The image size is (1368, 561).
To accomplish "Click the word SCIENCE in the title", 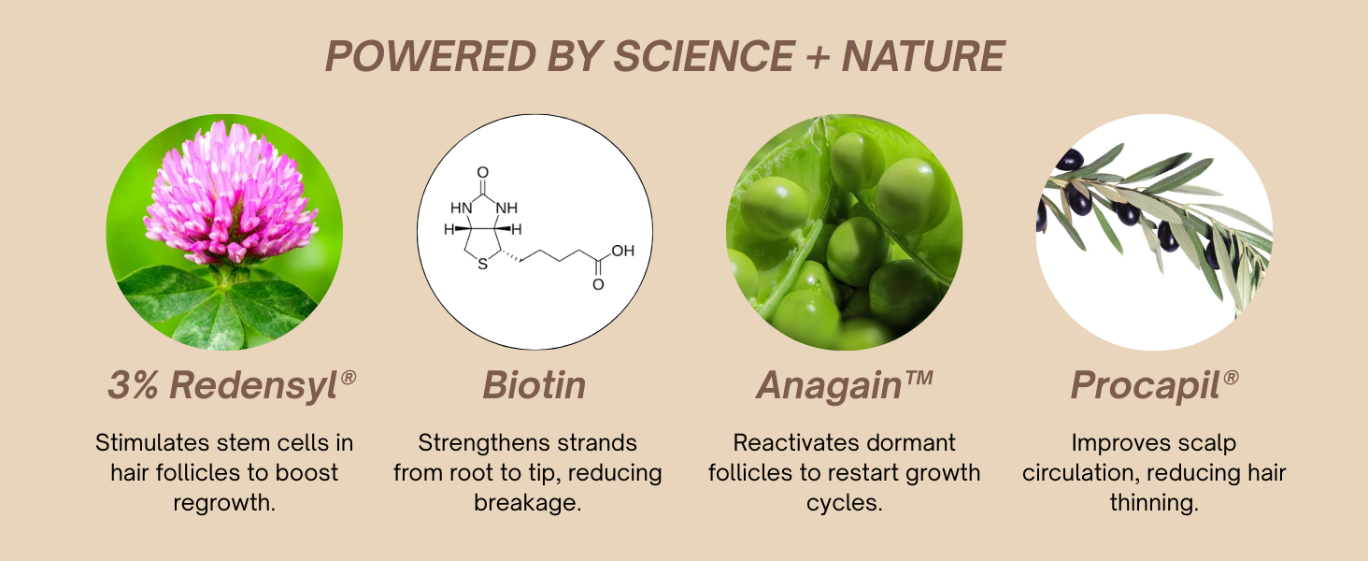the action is coord(705,56).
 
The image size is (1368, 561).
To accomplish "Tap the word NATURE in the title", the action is coord(923,56).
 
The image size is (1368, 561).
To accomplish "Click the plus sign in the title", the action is coord(819,57).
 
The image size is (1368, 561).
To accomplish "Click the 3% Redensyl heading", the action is coord(232,385).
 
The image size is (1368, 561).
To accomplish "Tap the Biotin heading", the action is coord(534,385).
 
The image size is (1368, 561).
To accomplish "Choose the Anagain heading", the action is coord(845,385).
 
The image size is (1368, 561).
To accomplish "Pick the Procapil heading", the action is coord(1154,385).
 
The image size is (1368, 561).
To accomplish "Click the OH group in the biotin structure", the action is coord(622,251).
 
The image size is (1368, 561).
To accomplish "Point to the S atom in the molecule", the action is coord(483,264).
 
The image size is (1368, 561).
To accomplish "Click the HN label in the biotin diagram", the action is coord(462,208).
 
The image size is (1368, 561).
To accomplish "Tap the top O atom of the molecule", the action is coord(482,172).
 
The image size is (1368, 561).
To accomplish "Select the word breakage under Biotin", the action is coord(528,503).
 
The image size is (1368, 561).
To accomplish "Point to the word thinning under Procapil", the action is coord(1154,503).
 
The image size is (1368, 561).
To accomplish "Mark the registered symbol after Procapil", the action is coord(1232,377).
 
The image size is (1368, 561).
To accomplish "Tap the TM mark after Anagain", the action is coord(919,378).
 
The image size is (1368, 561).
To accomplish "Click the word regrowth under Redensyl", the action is coord(224,503).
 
